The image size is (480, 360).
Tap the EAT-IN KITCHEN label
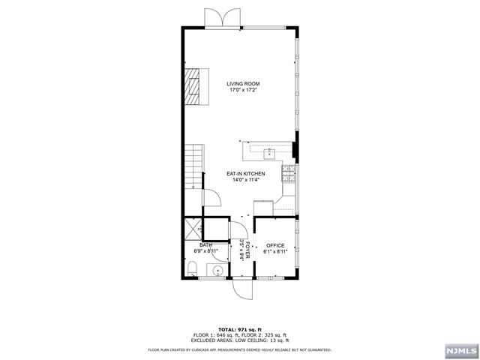(x=246, y=174)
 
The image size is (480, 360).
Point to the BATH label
(x=205, y=245)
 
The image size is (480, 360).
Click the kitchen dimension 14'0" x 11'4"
(x=246, y=180)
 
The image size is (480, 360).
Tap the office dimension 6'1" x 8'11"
(x=276, y=251)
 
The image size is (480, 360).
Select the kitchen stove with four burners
(x=287, y=175)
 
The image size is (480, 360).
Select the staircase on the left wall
(x=193, y=166)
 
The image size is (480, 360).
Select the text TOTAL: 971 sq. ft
(x=240, y=329)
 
